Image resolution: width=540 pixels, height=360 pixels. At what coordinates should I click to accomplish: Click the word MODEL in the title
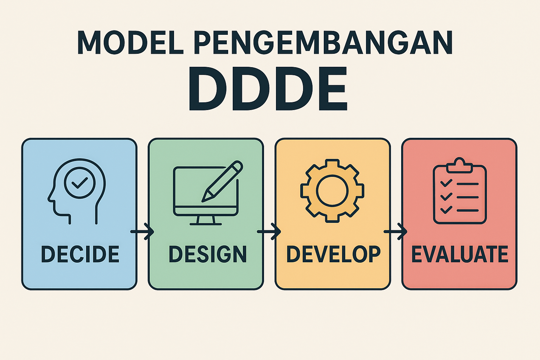[x=130, y=43]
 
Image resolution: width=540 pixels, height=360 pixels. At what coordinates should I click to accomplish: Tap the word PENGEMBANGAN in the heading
[x=323, y=43]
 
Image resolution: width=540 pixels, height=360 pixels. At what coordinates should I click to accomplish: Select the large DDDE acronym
[x=268, y=89]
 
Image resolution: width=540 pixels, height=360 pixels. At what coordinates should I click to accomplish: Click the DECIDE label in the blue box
[x=80, y=254]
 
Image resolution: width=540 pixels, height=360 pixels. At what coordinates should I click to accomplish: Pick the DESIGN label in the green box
[x=207, y=254]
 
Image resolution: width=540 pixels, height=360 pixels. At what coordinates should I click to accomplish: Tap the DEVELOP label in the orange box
[x=333, y=254]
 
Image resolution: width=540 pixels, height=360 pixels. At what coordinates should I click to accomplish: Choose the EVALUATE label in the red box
[x=460, y=254]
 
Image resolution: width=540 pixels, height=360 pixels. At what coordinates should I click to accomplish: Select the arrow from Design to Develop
[x=269, y=231]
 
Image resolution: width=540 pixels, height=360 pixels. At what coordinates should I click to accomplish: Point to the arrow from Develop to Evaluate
[x=396, y=231]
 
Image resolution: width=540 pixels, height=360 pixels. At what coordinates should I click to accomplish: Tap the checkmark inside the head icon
[x=80, y=183]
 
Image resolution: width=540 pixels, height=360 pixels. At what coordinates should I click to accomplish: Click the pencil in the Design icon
[x=222, y=181]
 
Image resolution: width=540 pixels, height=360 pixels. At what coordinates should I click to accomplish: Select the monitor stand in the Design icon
[x=206, y=220]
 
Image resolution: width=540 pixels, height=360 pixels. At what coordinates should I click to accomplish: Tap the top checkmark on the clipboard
[x=446, y=183]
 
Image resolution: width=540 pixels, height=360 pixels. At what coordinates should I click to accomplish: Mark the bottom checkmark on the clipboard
[x=446, y=210]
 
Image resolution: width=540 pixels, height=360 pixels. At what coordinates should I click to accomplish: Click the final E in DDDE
[x=333, y=89]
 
